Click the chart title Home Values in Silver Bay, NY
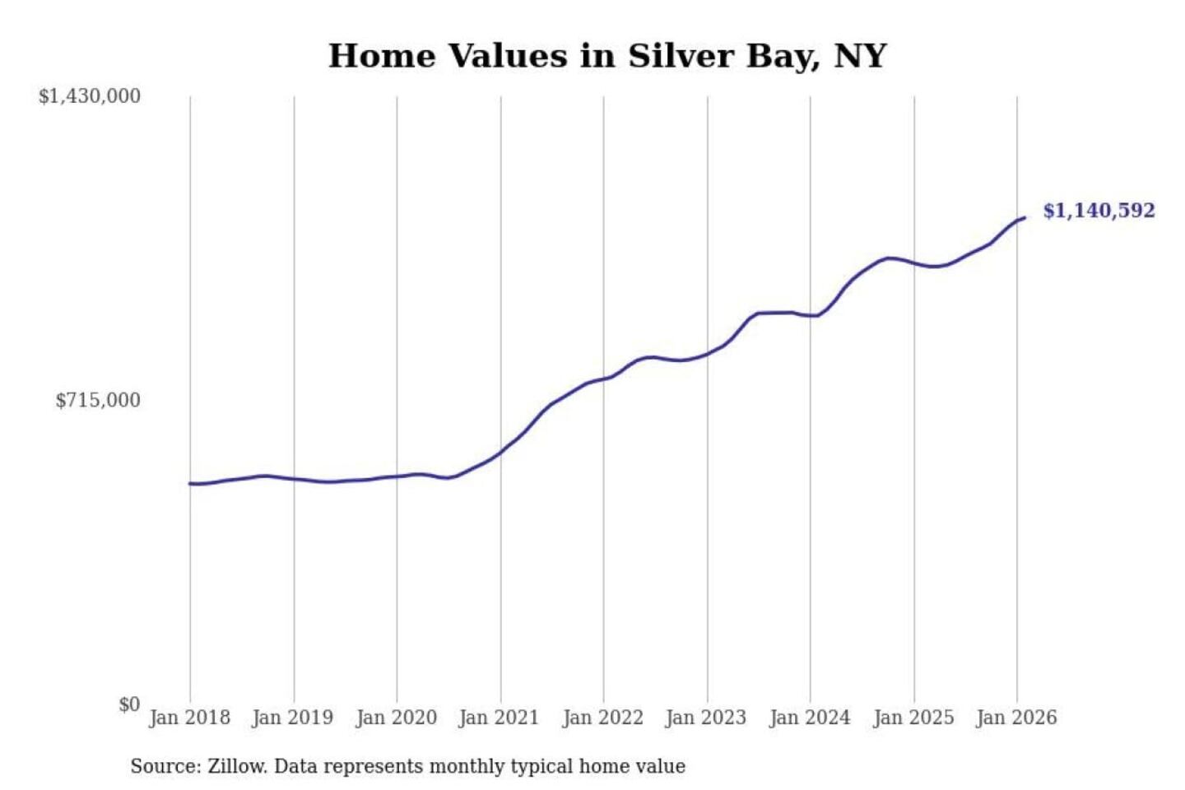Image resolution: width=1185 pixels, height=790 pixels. pos(607,56)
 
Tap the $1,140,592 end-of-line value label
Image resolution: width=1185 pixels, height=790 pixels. pos(1099,211)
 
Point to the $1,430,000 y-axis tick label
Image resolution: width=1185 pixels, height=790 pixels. pos(90,96)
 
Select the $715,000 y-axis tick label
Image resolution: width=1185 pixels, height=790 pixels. pos(98,400)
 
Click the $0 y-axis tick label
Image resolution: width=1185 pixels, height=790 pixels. pos(129,704)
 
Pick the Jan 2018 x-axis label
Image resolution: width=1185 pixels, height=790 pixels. pos(189,718)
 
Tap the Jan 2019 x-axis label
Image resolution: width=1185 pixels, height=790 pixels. pos(292,718)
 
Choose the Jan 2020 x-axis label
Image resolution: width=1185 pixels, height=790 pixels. pos(396,718)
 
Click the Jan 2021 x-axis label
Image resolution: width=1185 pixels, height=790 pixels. pos(499,718)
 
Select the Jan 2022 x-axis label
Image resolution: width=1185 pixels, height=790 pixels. pos(602,718)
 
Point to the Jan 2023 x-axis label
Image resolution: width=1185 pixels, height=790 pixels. pos(705,718)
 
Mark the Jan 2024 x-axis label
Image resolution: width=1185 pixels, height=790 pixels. pos(809,718)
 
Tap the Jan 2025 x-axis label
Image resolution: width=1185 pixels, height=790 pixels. pos(913,718)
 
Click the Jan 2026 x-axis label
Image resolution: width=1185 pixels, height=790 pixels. pos(1015,718)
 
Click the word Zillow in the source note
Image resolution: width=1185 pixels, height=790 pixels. pos(237,766)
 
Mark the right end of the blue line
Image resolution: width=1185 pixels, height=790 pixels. pos(1024,218)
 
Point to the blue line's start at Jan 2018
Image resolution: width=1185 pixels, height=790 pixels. pos(191,484)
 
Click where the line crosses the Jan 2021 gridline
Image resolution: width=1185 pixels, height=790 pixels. pos(500,452)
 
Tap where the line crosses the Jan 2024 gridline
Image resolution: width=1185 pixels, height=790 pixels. pos(810,315)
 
